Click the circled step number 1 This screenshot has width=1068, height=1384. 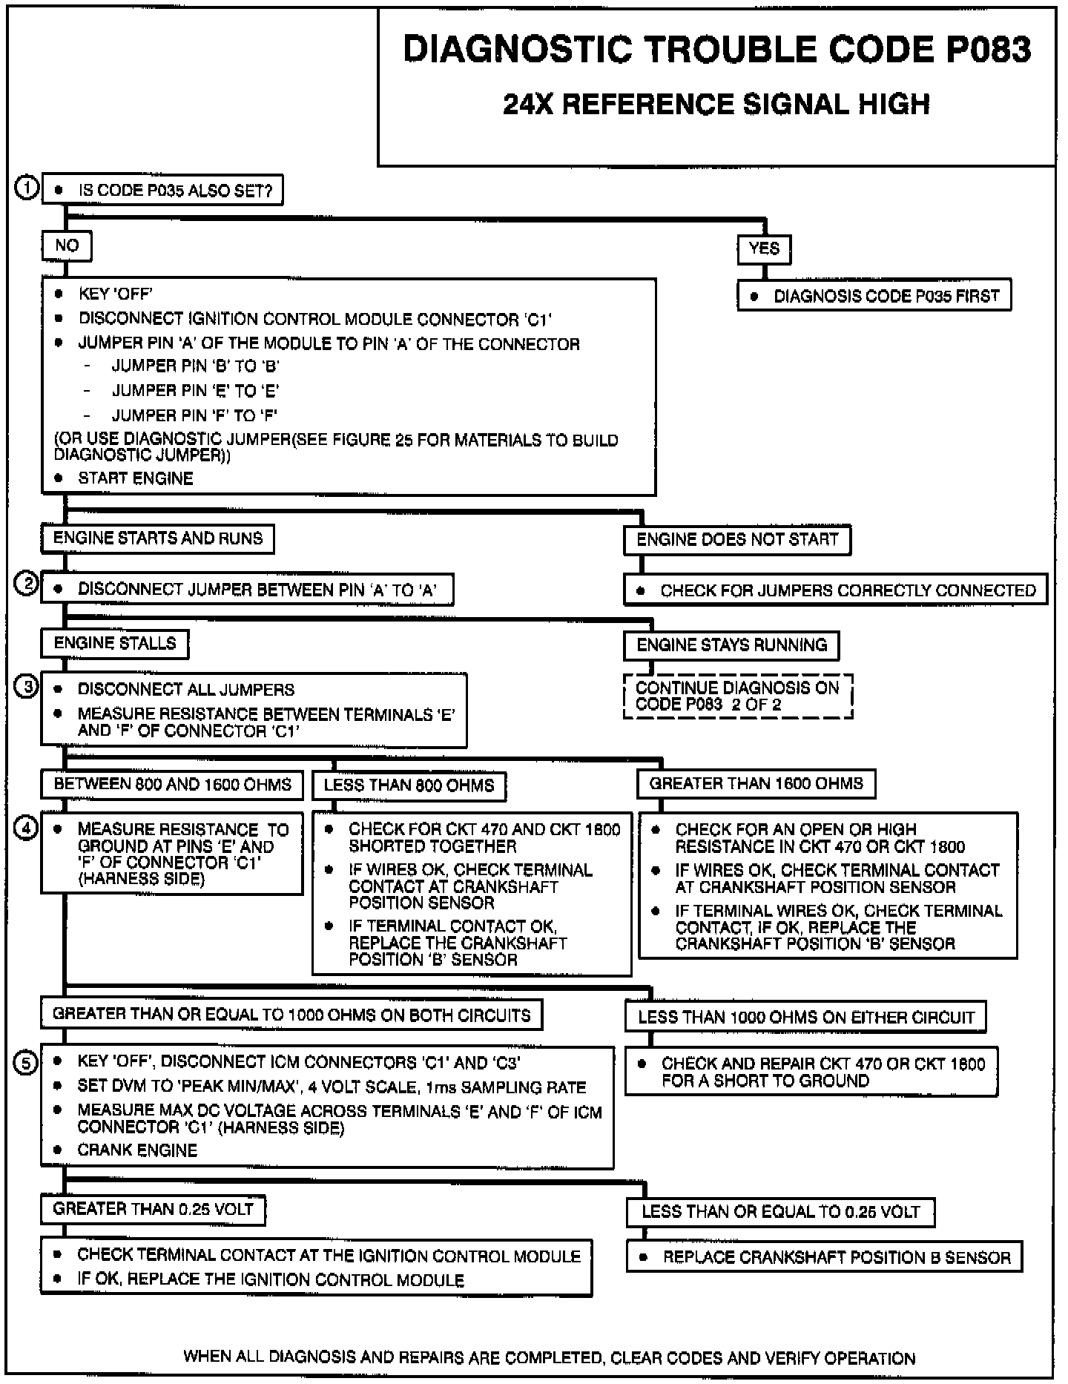[x=27, y=188]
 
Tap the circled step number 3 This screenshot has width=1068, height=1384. [x=27, y=688]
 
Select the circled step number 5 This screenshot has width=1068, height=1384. [x=26, y=1063]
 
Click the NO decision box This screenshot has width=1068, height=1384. [x=67, y=246]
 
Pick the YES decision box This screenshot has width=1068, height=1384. [x=764, y=249]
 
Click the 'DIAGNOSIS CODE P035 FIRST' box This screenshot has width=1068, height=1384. [x=874, y=296]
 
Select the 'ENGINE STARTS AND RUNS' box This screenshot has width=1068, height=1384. [x=157, y=538]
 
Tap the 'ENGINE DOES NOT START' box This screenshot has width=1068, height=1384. [x=737, y=540]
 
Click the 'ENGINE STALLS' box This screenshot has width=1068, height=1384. [x=115, y=643]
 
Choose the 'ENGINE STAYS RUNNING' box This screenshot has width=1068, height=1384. [x=731, y=645]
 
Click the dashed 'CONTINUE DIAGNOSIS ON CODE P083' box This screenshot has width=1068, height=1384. [x=738, y=696]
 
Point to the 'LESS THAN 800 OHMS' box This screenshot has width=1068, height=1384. [x=409, y=785]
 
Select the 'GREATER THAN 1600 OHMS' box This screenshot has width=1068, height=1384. [x=756, y=784]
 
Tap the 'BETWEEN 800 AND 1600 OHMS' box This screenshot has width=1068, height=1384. [x=172, y=785]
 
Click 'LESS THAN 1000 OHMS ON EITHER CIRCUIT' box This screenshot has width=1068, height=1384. [x=805, y=1017]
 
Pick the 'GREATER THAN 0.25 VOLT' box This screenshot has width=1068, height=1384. [x=153, y=1210]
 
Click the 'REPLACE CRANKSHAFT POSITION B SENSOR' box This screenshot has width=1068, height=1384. [x=824, y=1257]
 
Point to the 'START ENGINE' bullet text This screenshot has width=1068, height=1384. [x=136, y=478]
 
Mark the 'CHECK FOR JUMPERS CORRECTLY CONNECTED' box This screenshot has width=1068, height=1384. [x=836, y=590]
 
